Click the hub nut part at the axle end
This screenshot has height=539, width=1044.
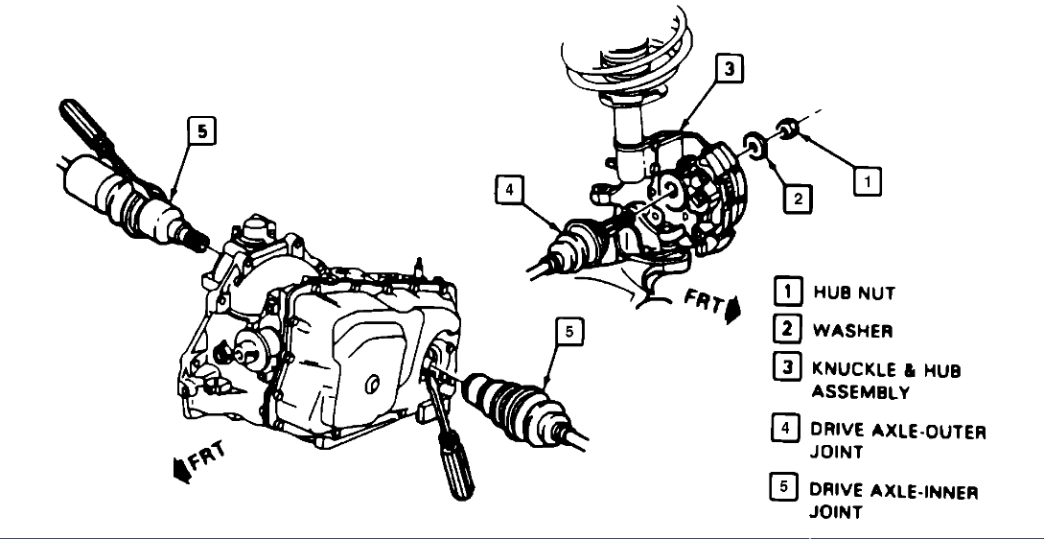click(x=787, y=128)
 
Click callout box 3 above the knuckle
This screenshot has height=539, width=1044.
click(x=730, y=68)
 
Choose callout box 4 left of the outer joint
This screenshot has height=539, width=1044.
click(x=510, y=191)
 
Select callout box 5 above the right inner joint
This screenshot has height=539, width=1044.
click(x=568, y=333)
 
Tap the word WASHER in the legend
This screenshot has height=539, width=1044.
click(x=852, y=332)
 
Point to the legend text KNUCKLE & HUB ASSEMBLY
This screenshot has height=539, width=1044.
click(x=886, y=381)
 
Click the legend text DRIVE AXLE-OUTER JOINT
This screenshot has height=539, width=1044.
click(x=897, y=441)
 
